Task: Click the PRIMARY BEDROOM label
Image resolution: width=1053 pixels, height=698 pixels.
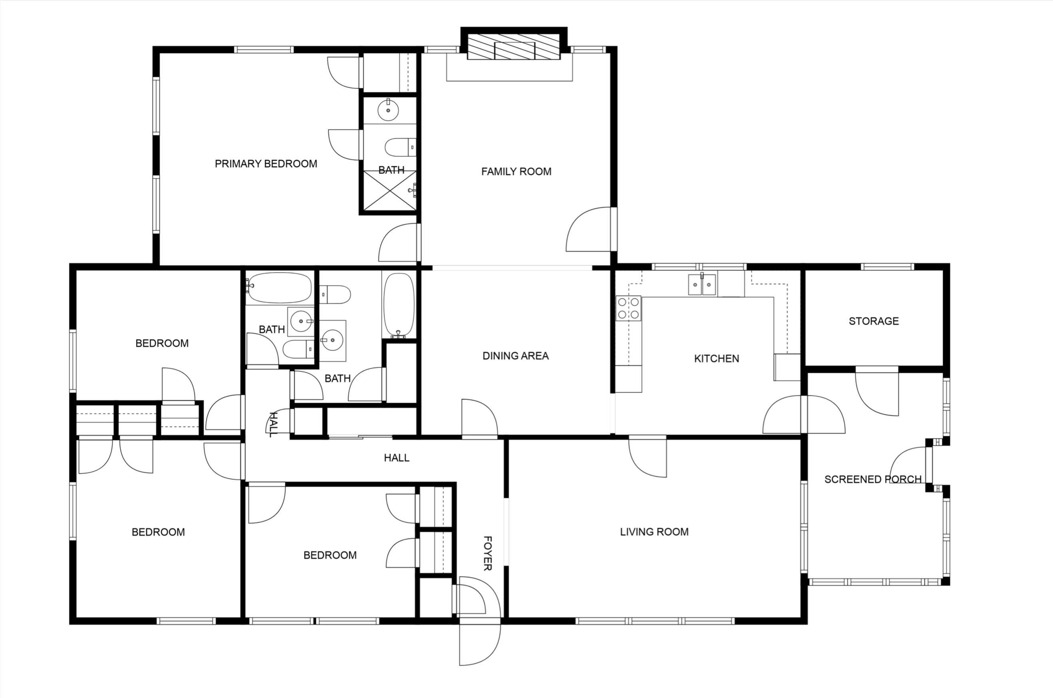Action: pos(266,164)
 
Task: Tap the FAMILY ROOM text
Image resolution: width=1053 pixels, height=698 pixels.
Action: pos(516,171)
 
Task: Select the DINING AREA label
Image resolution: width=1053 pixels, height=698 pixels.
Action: pos(516,356)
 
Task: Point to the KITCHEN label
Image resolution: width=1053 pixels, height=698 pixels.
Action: pos(716,358)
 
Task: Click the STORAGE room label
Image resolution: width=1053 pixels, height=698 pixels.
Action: pos(874,321)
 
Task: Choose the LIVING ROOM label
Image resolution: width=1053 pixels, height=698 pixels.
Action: pos(654,531)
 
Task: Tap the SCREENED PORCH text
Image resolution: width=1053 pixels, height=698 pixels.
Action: pos(873,479)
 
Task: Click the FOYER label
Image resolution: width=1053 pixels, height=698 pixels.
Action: pos(488,553)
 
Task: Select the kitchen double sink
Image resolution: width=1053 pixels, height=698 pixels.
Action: pos(702,284)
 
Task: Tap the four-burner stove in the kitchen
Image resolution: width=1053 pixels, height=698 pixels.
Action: pos(628,308)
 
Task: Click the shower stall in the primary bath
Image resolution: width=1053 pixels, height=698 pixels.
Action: pos(390,190)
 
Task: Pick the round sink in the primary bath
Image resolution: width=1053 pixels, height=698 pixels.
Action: pos(388,110)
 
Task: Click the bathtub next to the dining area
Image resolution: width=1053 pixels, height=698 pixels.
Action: pos(399,305)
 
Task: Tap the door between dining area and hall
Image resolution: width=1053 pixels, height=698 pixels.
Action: pos(480,417)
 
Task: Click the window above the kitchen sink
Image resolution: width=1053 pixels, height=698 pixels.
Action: pos(699,267)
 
